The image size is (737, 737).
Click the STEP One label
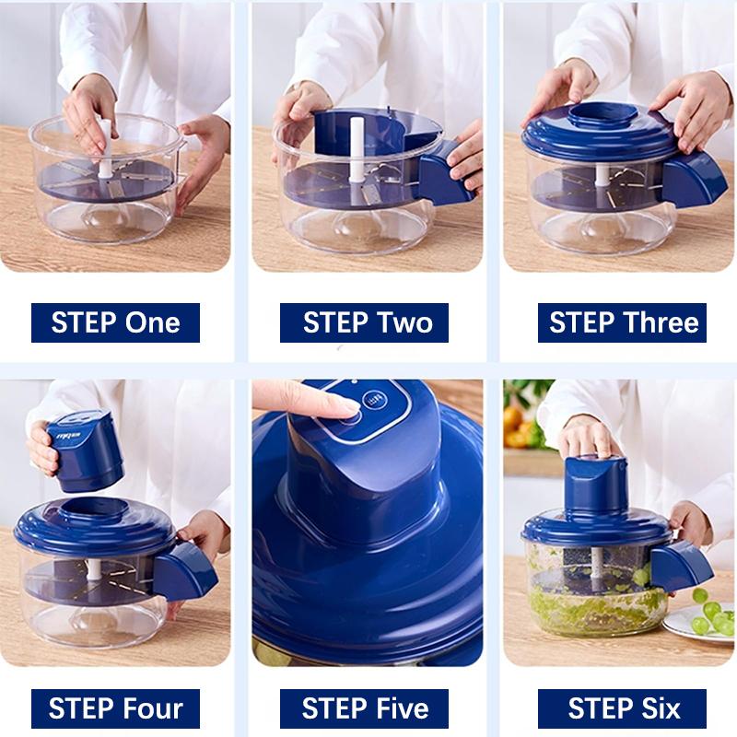click(x=115, y=322)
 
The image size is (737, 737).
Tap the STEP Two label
click(x=364, y=322)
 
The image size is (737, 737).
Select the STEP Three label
click(x=622, y=322)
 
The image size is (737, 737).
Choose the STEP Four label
click(x=115, y=708)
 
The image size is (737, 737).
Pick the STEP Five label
click(x=364, y=708)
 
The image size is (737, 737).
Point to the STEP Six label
click(x=622, y=708)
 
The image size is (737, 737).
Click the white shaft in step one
click(x=105, y=148)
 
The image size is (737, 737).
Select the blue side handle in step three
click(x=688, y=180)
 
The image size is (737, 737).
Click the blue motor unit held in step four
click(x=86, y=450)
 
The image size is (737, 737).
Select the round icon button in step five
click(x=375, y=400)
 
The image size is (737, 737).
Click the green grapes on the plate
click(x=711, y=612)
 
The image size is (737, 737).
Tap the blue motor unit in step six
click(x=596, y=485)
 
